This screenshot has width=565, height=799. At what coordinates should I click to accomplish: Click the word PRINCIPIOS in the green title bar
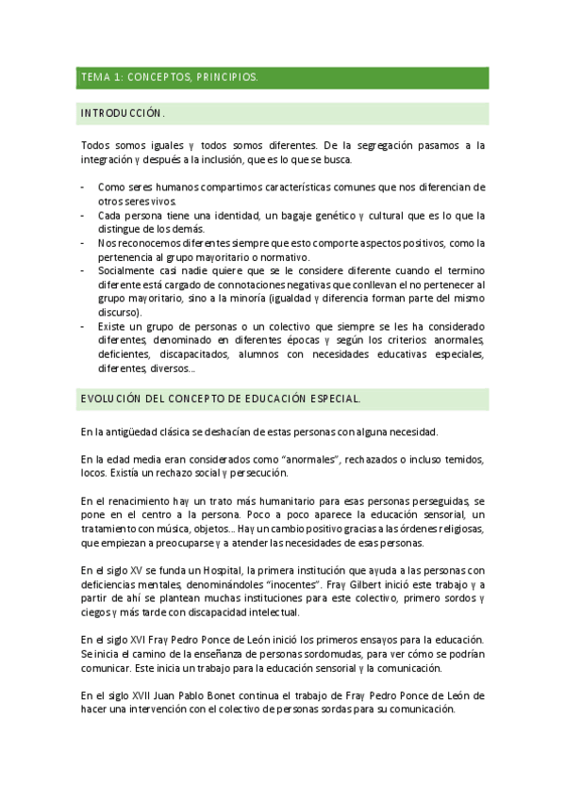225,77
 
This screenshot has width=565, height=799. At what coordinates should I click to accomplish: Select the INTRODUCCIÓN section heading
124,113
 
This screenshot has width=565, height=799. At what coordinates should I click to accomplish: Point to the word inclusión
244,159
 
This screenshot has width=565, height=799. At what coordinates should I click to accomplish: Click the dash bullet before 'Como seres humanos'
82,187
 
